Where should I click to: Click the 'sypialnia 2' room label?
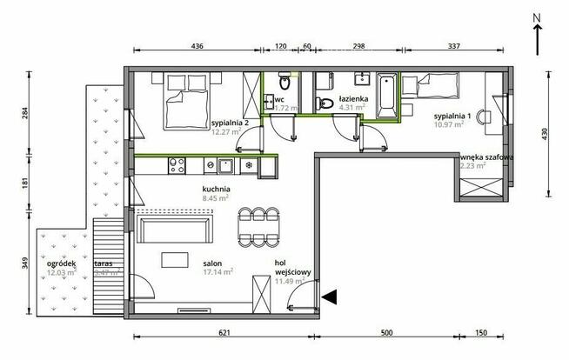coord(230,123)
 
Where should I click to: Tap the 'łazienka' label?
coord(355,100)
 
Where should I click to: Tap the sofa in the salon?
coord(175,230)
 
